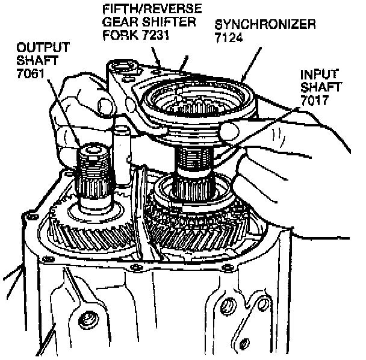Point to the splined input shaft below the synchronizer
pos(191,172)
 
